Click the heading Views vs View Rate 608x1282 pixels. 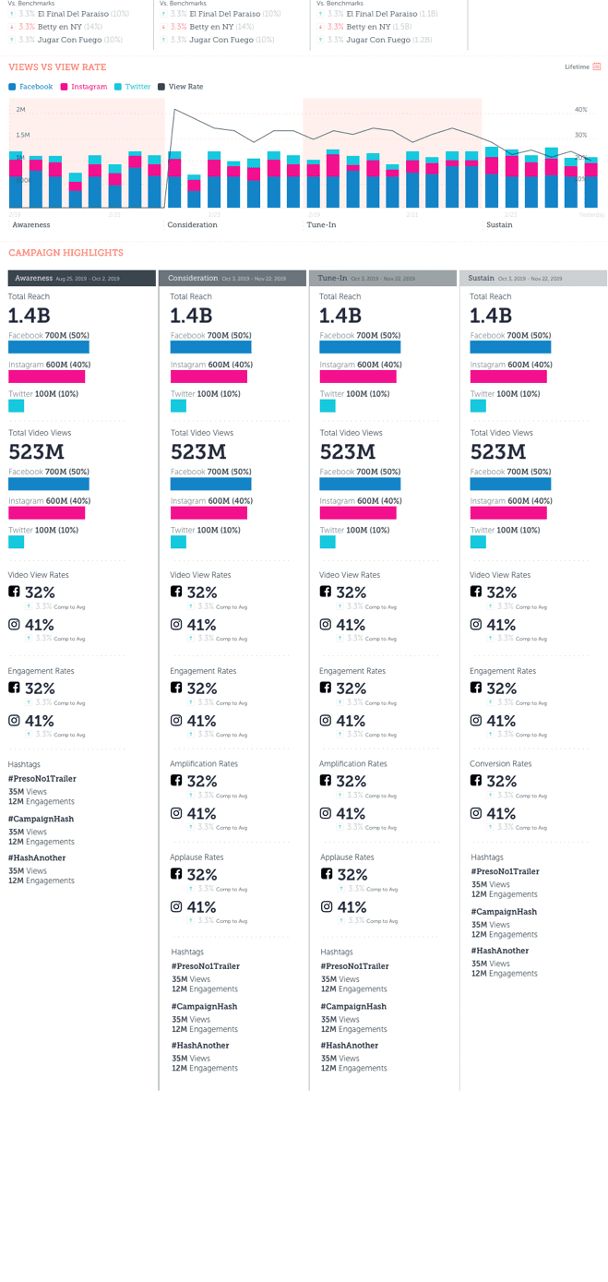click(x=57, y=67)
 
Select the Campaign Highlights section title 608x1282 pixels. click(x=66, y=253)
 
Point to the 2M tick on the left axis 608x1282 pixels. click(x=21, y=110)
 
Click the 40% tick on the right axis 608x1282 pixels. click(x=580, y=110)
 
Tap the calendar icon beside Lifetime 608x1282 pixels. click(x=597, y=67)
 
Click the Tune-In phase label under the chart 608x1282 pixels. click(x=321, y=225)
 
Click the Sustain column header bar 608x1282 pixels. click(x=533, y=278)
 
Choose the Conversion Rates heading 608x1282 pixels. click(x=500, y=764)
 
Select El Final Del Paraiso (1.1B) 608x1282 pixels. click(x=381, y=15)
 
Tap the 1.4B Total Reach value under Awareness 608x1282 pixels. click(x=29, y=316)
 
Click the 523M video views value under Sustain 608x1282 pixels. click(x=498, y=452)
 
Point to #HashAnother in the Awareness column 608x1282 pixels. click(x=37, y=858)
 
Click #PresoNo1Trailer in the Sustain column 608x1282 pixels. click(x=505, y=872)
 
